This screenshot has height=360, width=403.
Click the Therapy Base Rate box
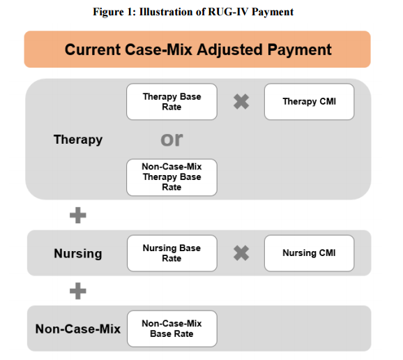172,102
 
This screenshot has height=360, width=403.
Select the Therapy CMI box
309,102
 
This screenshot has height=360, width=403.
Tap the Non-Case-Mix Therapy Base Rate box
172,177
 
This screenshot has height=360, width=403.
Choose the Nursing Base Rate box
172,253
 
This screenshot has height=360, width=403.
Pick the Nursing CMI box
309,253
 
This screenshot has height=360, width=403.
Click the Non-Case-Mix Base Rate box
172,329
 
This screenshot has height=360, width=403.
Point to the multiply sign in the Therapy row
241,102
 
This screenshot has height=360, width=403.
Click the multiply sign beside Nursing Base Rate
241,253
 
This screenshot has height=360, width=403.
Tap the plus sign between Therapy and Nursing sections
78,215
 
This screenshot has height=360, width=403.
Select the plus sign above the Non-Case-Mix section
78,291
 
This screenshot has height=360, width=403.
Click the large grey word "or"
172,140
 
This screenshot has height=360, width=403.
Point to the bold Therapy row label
78,140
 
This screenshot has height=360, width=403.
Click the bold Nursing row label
78,253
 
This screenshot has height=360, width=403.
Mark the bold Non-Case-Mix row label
78,329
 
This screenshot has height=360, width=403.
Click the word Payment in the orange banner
299,50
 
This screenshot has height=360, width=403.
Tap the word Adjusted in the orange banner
229,50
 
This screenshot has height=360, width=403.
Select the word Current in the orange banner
93,50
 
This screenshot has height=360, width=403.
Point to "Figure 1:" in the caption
114,12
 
